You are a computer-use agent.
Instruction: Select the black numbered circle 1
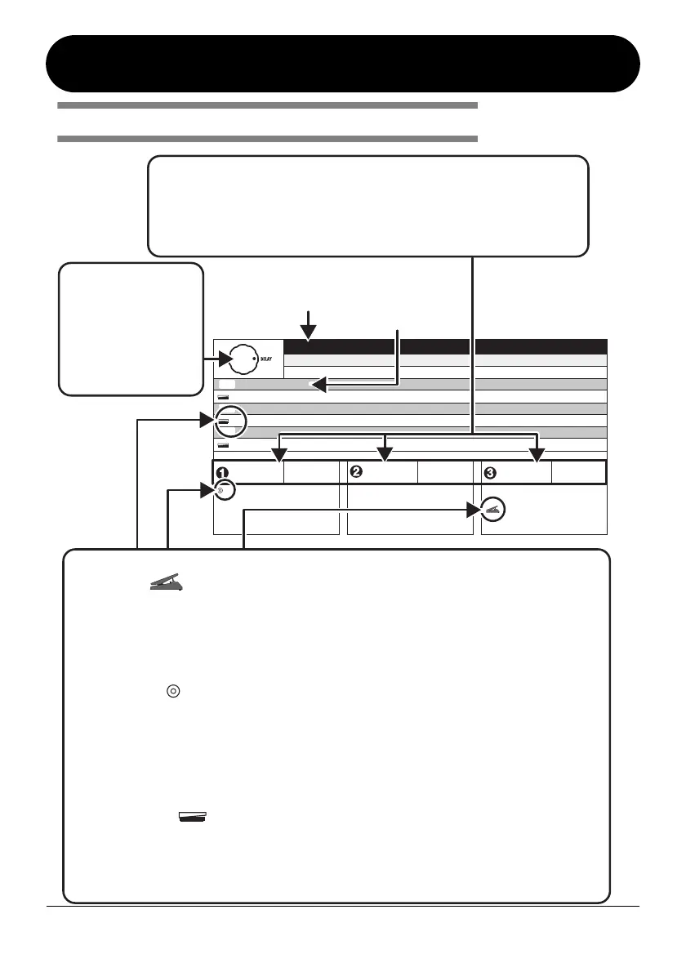coord(221,472)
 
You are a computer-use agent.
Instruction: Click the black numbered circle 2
coord(355,472)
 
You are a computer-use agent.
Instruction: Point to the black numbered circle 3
coord(489,472)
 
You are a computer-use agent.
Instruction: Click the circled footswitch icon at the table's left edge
coord(224,421)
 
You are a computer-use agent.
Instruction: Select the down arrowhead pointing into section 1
coord(280,454)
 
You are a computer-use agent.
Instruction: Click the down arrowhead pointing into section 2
coord(385,454)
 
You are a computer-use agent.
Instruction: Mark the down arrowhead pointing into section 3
coord(537,454)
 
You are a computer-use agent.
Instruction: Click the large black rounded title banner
coord(343,64)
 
